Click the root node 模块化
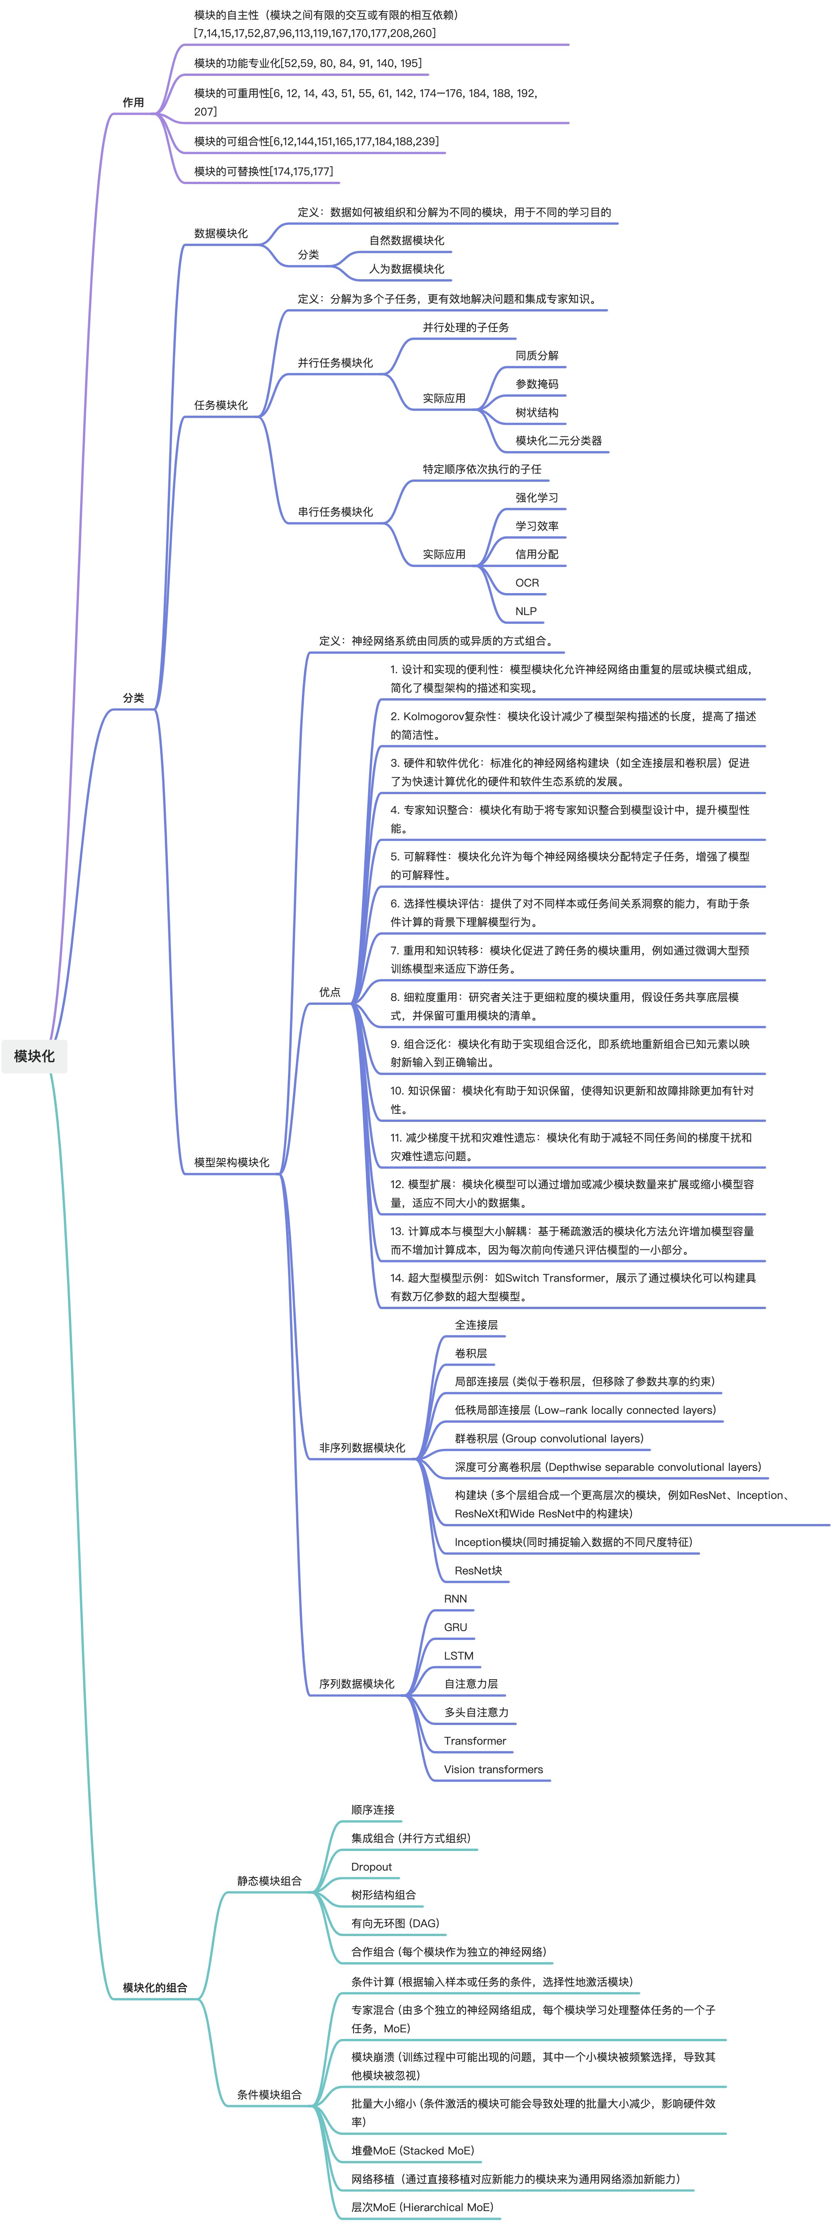click(35, 1055)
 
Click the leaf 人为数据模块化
click(406, 268)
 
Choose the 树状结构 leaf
click(537, 412)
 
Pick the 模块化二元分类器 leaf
click(558, 440)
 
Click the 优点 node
click(330, 992)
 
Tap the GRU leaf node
click(456, 1627)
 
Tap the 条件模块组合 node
click(269, 2094)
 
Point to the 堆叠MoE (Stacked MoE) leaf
click(412, 2151)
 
